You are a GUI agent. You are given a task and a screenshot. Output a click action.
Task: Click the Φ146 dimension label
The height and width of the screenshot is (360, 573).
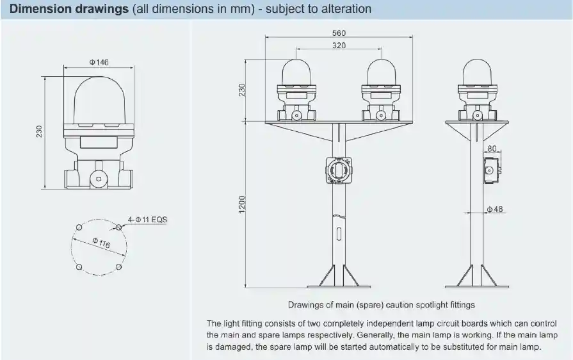click(x=99, y=62)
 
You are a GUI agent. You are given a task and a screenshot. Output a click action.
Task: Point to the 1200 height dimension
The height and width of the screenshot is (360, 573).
click(x=241, y=205)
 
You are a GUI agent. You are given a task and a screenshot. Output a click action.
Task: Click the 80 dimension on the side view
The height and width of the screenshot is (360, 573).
click(x=492, y=149)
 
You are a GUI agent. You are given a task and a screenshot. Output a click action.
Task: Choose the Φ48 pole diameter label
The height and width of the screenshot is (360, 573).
click(x=494, y=209)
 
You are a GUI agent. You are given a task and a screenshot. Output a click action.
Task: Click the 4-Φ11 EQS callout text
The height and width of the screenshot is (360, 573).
click(x=148, y=220)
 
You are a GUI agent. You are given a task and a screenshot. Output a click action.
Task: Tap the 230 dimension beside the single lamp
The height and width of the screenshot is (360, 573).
click(x=40, y=131)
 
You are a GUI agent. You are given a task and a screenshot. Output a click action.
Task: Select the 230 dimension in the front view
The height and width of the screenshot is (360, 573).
click(x=241, y=90)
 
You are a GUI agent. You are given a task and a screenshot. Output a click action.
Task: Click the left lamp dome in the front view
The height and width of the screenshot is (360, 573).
click(x=296, y=72)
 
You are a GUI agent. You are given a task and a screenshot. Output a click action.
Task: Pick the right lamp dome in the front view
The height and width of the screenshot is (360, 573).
click(x=382, y=72)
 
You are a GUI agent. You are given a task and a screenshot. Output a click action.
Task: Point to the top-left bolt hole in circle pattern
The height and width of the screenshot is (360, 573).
click(x=79, y=227)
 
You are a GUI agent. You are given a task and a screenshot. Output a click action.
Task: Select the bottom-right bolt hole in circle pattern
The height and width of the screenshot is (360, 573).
click(x=119, y=267)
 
